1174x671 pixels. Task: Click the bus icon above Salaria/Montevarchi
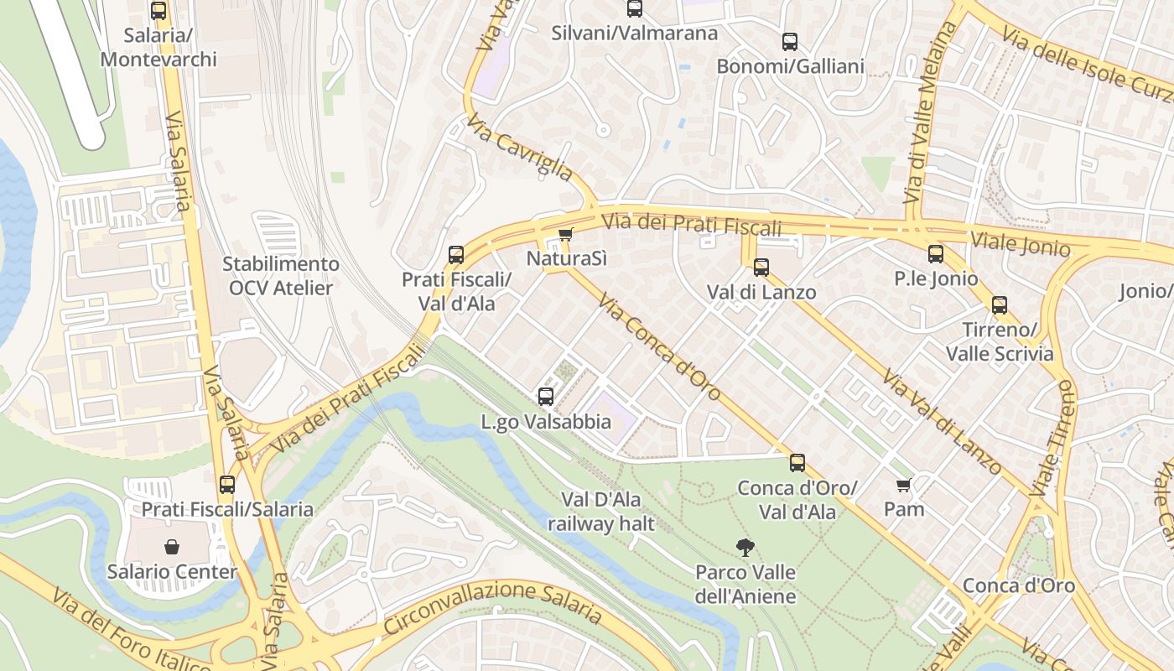pos(158,11)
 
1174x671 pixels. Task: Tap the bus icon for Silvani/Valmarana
pos(635,9)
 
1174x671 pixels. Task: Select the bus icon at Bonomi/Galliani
pos(790,42)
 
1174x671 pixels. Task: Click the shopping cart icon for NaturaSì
pos(566,234)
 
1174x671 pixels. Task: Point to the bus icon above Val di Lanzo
pos(761,268)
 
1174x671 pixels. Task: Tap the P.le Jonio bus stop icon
pos(936,254)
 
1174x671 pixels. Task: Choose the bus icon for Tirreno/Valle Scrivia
pos(1000,304)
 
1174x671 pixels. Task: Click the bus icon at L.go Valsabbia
pos(546,397)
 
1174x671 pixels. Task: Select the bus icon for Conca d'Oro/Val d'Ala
pos(797,462)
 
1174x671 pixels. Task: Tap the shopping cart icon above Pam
pos(904,485)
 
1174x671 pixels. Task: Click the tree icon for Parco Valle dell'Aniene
pos(745,548)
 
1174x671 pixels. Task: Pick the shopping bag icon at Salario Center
pos(172,548)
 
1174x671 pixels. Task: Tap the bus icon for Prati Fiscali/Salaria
pos(227,485)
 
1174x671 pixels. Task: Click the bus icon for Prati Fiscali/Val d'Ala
pos(456,254)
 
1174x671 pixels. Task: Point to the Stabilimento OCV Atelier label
pos(281,276)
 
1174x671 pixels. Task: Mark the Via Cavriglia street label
pos(521,148)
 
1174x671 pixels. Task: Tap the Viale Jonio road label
pos(1020,243)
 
